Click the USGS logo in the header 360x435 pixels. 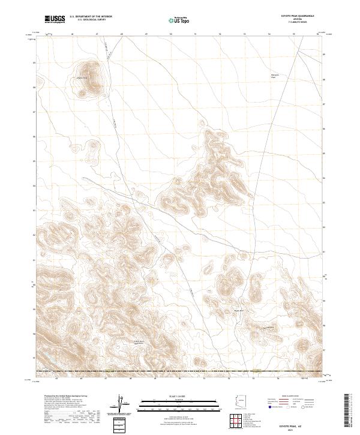click(55, 19)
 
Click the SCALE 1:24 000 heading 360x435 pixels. click(171, 396)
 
